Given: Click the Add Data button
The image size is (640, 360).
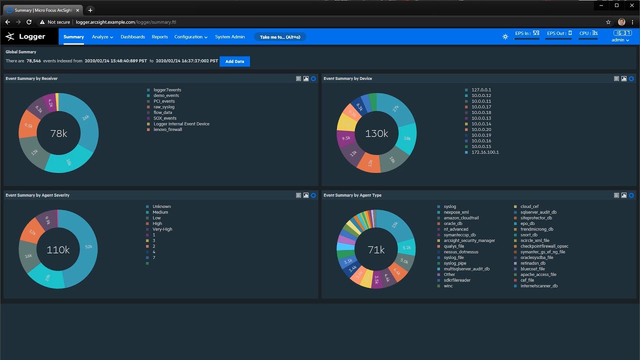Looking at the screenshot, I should [x=234, y=61].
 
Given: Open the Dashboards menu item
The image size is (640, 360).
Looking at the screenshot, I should [x=132, y=37].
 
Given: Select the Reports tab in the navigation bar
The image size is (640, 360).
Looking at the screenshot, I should [x=159, y=37].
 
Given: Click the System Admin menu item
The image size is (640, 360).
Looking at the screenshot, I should [x=230, y=37].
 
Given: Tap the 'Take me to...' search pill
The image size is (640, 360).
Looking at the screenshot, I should [x=280, y=37].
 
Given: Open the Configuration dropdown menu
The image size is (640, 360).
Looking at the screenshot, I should [x=191, y=37].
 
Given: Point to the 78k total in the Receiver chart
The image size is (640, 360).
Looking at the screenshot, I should [x=58, y=133].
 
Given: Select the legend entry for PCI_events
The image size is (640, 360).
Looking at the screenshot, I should [x=164, y=101].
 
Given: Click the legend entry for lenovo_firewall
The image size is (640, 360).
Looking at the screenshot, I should [x=167, y=129].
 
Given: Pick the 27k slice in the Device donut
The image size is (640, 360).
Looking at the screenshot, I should [x=396, y=108].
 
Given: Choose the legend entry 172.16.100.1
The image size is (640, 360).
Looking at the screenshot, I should [x=484, y=152].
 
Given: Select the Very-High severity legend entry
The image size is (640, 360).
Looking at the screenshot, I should [x=162, y=229].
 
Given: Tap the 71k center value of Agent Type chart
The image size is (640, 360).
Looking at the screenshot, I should [x=376, y=250].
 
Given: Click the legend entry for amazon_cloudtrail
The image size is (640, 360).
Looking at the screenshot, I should [x=461, y=218].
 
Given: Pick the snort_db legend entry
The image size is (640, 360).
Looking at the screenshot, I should [x=528, y=235].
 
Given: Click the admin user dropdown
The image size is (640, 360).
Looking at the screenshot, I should [x=620, y=40].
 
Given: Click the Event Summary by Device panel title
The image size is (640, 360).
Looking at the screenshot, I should [x=347, y=78].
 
